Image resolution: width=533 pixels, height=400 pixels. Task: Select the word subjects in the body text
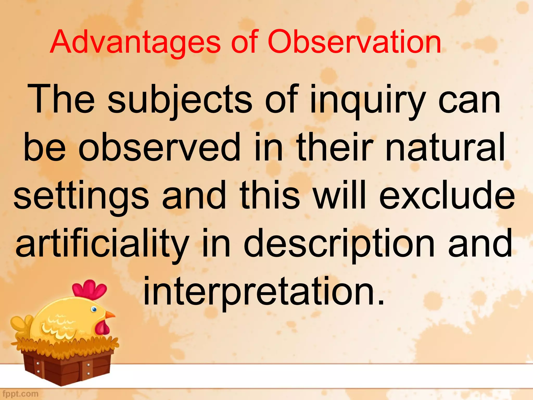(x=180, y=100)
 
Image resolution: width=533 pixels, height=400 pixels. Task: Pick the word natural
(x=445, y=147)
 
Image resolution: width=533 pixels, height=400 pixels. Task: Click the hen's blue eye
(x=94, y=309)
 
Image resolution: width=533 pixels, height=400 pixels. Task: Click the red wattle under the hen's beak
(x=102, y=328)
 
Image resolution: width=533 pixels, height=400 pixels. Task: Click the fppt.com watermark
(x=20, y=394)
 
